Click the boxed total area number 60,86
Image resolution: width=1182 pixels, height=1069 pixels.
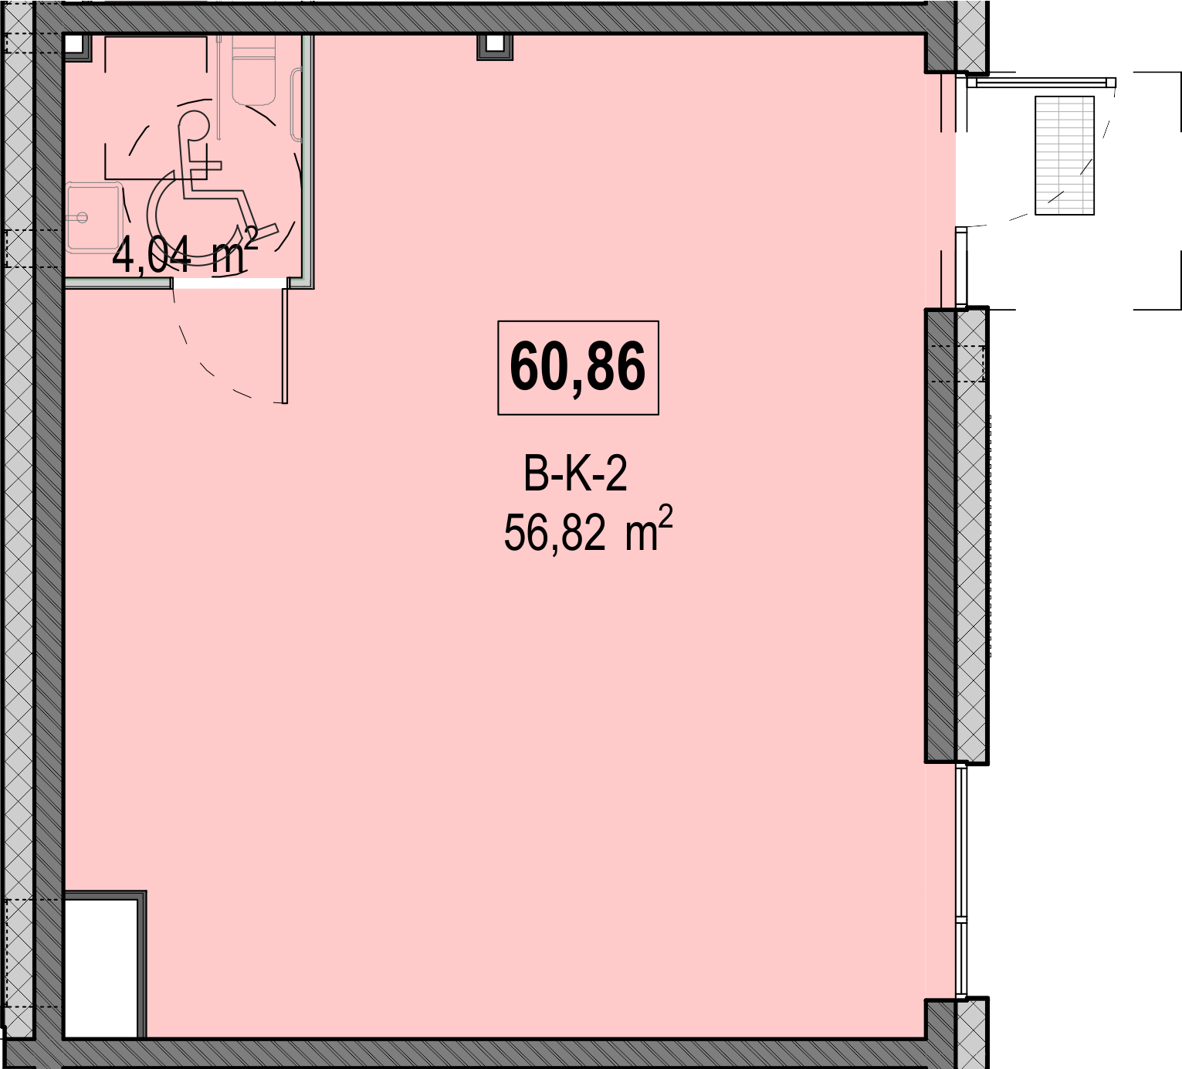578,368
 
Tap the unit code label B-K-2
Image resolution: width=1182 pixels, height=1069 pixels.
575,475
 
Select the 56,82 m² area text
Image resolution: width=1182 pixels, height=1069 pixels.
588,531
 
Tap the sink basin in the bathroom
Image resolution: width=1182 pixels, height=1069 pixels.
94,218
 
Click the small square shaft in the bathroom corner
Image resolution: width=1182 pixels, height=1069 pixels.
77,47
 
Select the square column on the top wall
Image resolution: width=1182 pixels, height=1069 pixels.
494,46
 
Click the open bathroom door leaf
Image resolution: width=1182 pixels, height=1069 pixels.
285,346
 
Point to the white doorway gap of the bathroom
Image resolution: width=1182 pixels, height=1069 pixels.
230,283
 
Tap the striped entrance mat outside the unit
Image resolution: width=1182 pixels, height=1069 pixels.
1065,155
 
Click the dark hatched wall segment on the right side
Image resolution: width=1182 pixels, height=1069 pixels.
940,536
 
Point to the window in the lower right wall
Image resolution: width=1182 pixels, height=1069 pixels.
962,882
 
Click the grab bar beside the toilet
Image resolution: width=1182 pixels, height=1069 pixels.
296,105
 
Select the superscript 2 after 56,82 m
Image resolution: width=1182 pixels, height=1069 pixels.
666,517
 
